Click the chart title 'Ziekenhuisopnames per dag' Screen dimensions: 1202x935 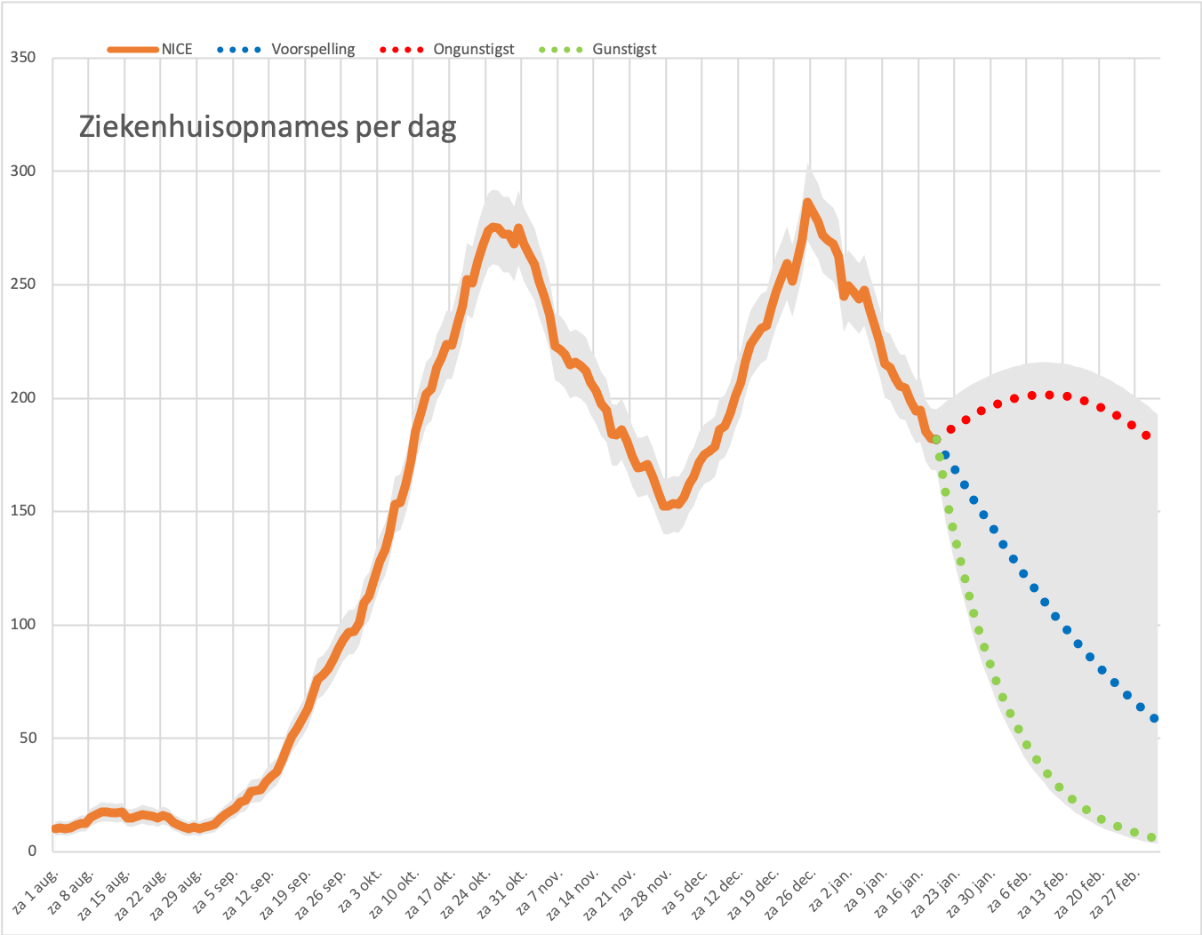pyautogui.click(x=268, y=128)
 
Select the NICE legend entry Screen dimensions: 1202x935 pyautogui.click(x=149, y=49)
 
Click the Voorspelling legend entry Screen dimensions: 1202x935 pyautogui.click(x=286, y=49)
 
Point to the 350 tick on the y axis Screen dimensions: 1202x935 pyautogui.click(x=23, y=57)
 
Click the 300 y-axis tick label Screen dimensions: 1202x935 pyautogui.click(x=23, y=171)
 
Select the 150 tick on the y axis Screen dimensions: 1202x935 pyautogui.click(x=23, y=510)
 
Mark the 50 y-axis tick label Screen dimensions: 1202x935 pyautogui.click(x=27, y=737)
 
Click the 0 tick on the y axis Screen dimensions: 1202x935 pyautogui.click(x=32, y=851)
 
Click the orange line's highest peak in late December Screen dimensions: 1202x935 pyautogui.click(x=807, y=203)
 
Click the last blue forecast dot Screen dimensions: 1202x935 pyautogui.click(x=1154, y=718)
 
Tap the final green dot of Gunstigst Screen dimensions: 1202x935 pyautogui.click(x=1151, y=838)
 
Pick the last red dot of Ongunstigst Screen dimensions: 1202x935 pyautogui.click(x=1146, y=436)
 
